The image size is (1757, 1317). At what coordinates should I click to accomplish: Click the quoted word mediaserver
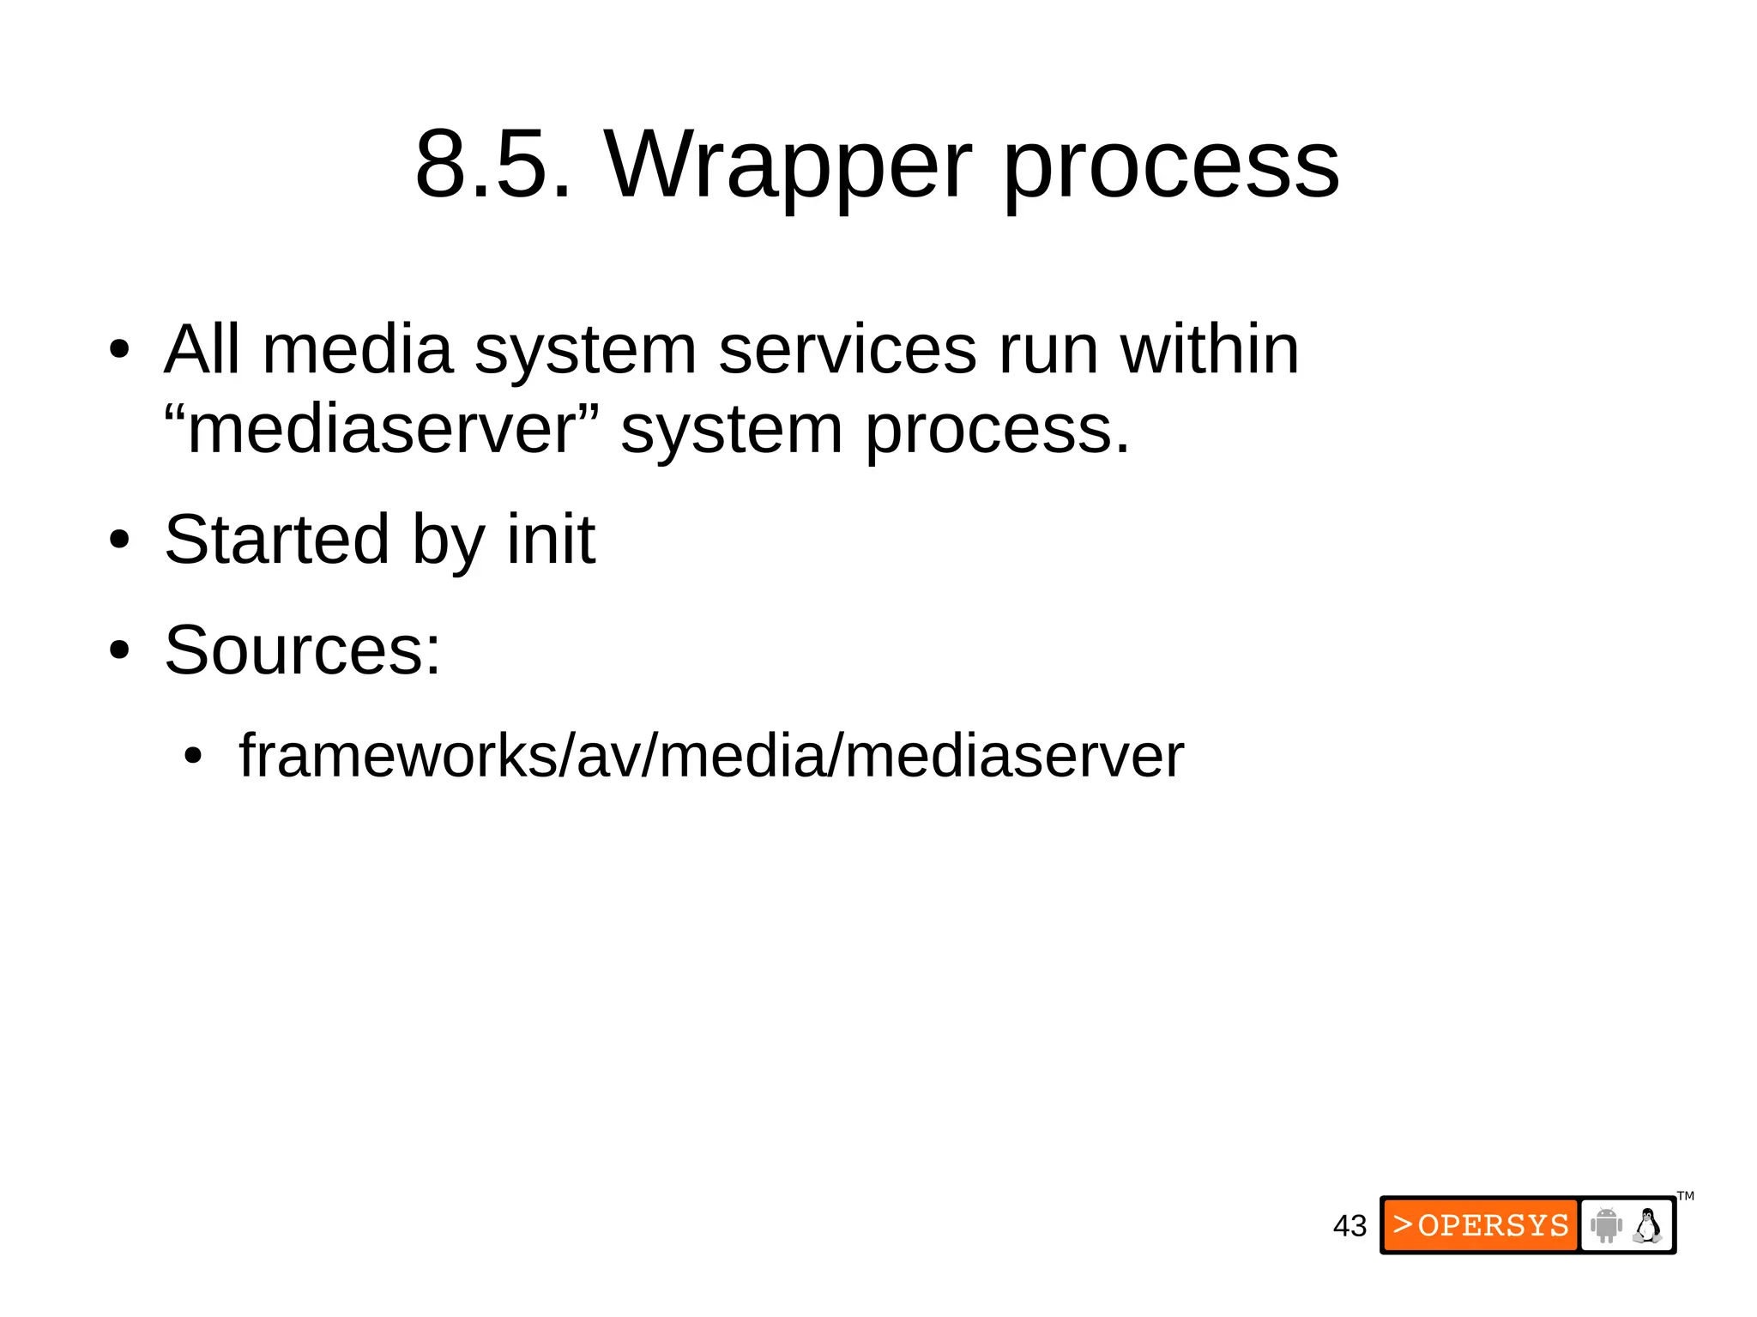382,429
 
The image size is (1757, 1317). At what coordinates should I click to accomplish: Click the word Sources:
302,649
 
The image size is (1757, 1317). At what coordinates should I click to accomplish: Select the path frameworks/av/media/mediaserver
710,756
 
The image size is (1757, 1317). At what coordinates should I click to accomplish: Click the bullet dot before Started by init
119,541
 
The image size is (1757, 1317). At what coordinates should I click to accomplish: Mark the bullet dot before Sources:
119,651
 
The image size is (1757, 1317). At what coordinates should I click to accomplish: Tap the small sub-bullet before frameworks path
193,758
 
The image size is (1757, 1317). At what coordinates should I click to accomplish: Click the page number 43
1349,1226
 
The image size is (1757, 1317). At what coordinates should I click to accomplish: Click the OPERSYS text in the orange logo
1493,1225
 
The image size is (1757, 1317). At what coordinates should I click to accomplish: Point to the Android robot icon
1605,1225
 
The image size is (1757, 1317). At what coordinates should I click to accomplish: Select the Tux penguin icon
1647,1225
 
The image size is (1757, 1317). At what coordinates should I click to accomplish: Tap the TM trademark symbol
1685,1196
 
